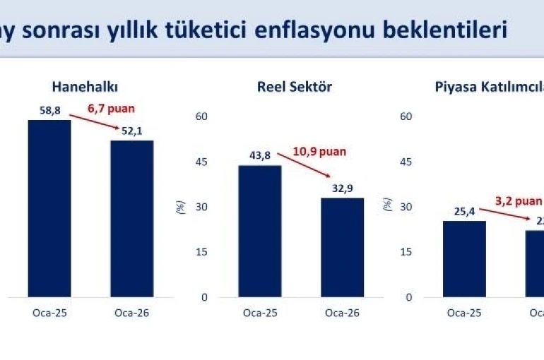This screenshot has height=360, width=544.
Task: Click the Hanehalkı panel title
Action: (84, 87)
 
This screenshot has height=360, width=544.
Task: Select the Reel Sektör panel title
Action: (294, 87)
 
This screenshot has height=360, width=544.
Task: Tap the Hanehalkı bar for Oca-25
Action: (49, 208)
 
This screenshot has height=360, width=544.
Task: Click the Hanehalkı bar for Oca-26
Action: (131, 218)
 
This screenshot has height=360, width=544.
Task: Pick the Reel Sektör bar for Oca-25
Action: (260, 231)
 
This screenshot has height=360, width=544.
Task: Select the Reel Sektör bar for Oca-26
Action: (342, 247)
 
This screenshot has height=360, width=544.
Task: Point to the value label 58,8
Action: (49, 109)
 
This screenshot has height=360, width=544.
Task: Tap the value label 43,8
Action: (260, 155)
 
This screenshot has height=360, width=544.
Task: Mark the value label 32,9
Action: (343, 188)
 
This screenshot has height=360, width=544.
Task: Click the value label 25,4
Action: (464, 210)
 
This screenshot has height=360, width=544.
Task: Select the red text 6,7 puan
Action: (111, 109)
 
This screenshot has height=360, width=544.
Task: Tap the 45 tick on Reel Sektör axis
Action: (201, 162)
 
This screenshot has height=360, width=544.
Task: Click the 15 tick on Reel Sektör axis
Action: (201, 252)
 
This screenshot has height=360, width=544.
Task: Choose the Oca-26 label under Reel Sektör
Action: (343, 313)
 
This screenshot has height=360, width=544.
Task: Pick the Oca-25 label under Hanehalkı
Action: (49, 313)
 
